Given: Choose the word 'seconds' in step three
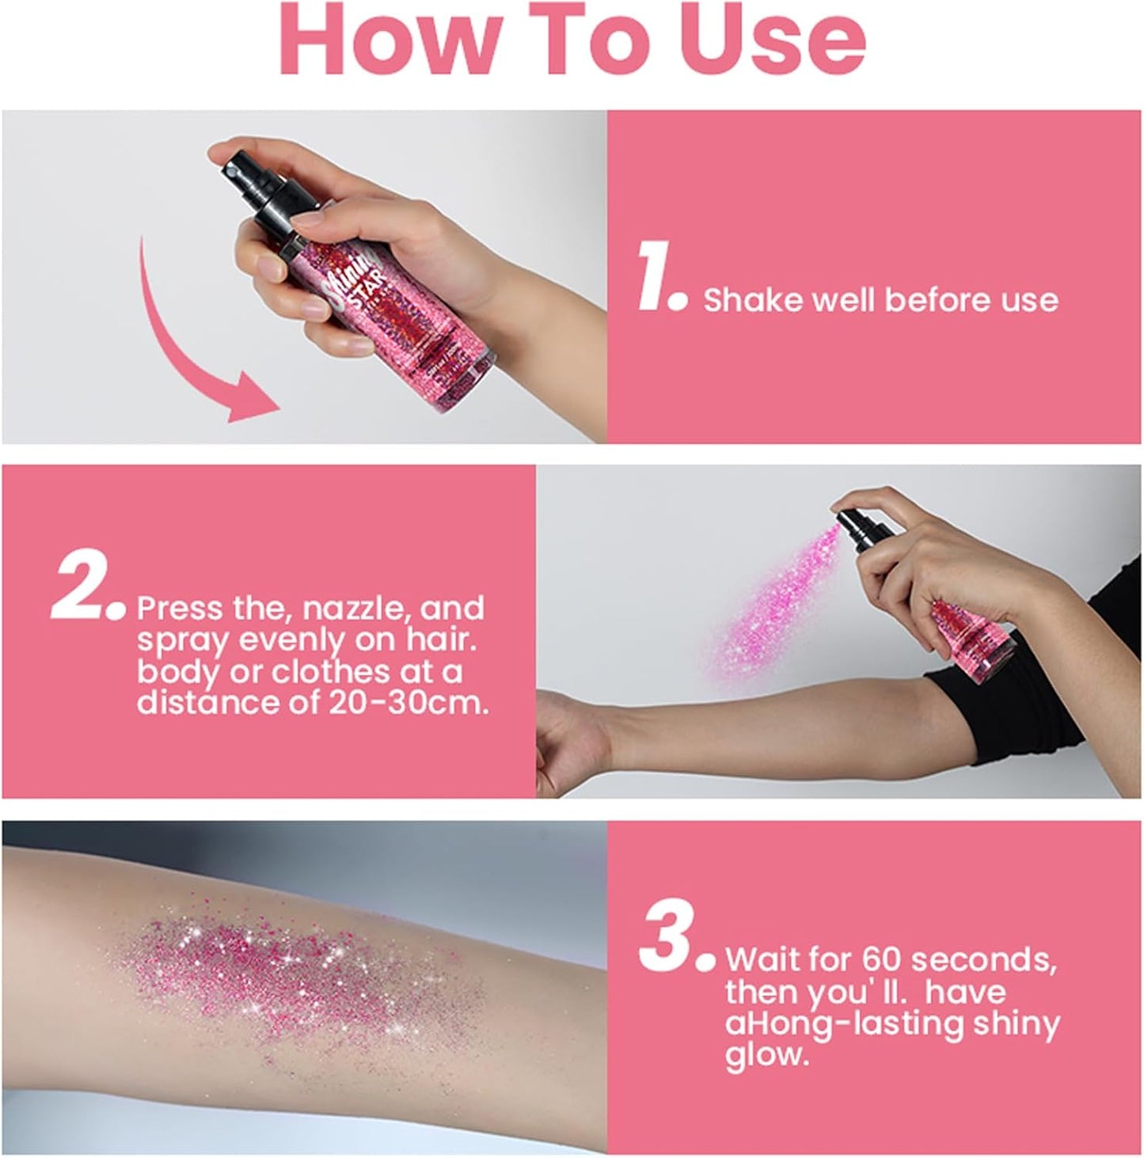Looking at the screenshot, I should pos(983,959).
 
